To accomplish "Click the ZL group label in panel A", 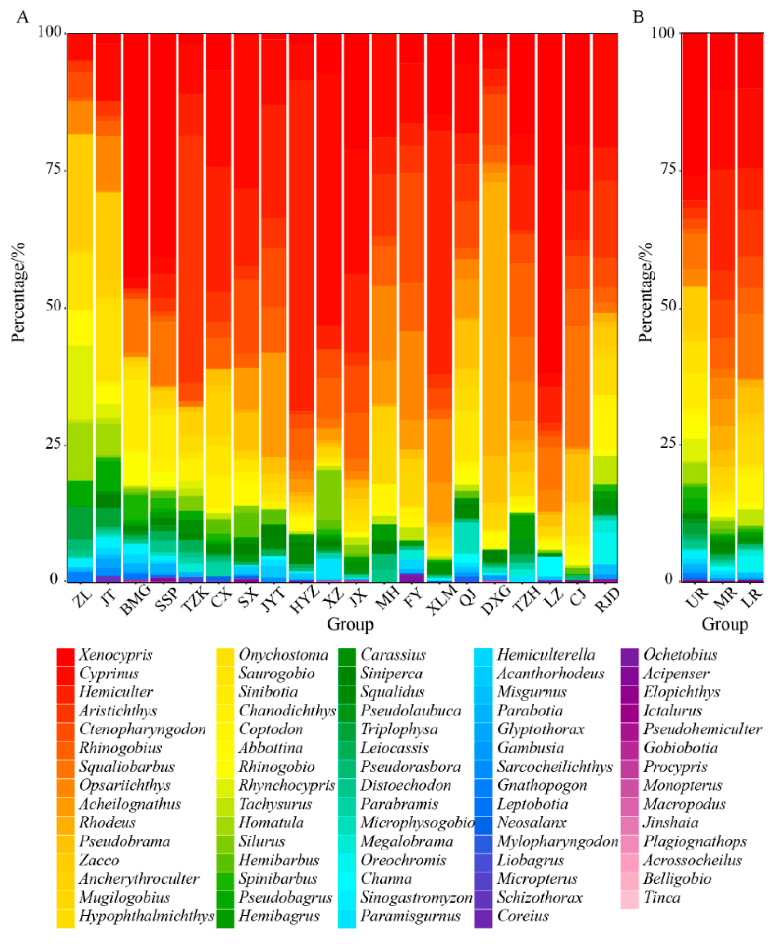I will point(82,599).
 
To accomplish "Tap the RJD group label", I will point(607,601).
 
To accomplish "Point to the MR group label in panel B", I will point(725,598).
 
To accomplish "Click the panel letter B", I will point(638,17).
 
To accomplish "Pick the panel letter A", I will point(23,17).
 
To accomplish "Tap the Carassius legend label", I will point(393,655).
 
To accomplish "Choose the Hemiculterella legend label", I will point(546,655).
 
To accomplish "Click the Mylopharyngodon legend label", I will point(558,842).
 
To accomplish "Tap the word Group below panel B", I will point(724,624).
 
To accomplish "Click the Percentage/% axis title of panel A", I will point(18,293).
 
